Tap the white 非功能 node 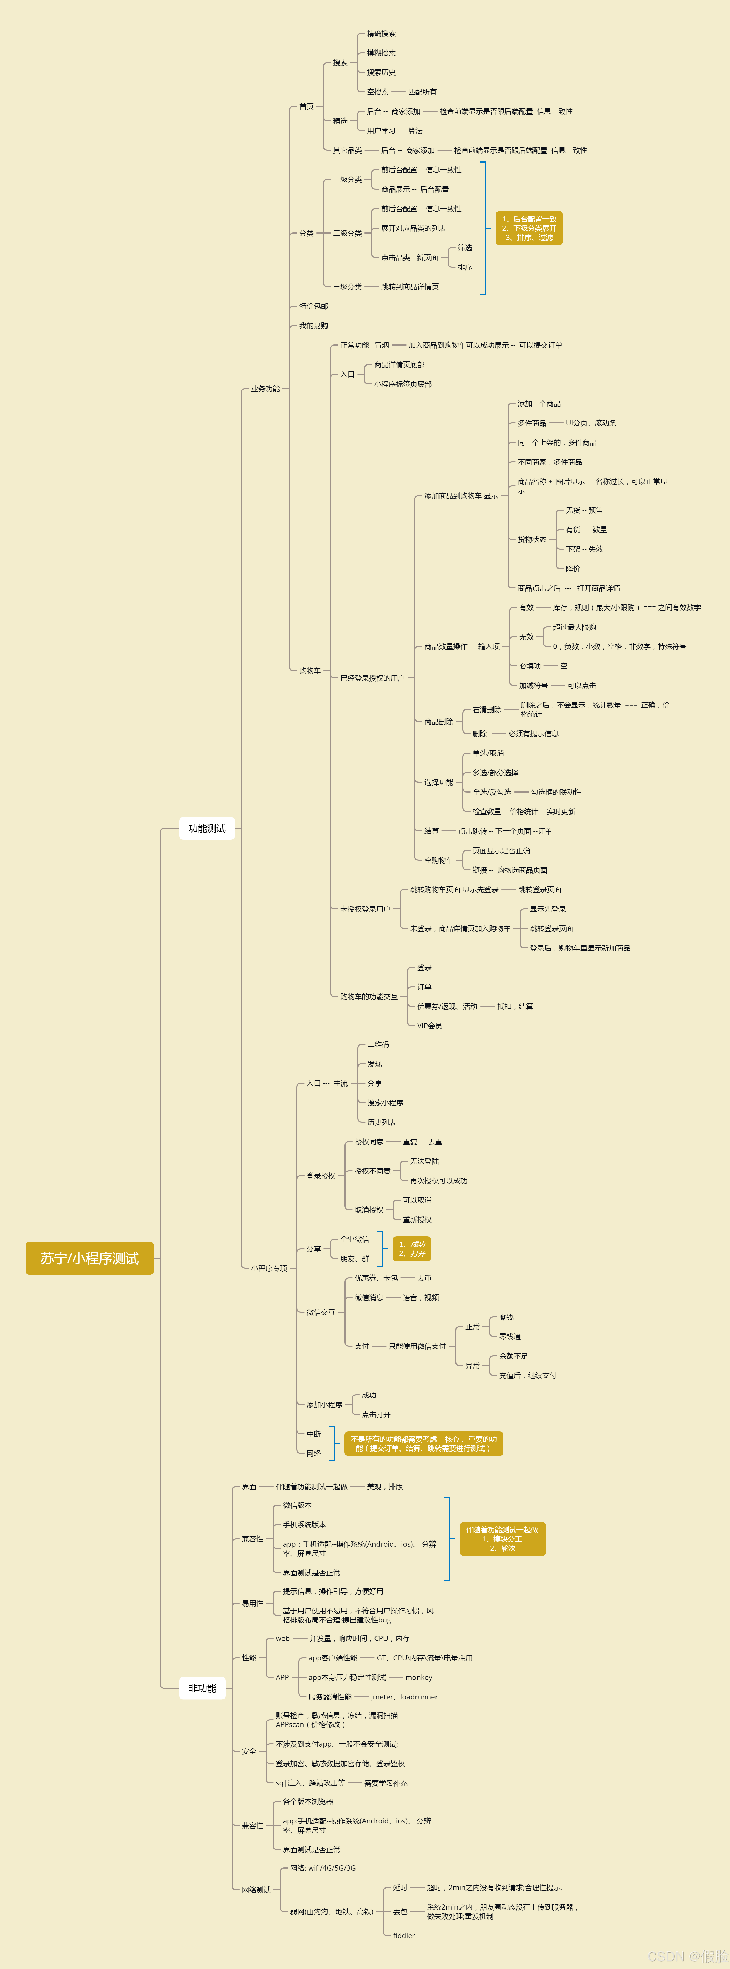(202, 1688)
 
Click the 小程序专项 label (269, 1268)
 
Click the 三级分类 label (347, 287)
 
